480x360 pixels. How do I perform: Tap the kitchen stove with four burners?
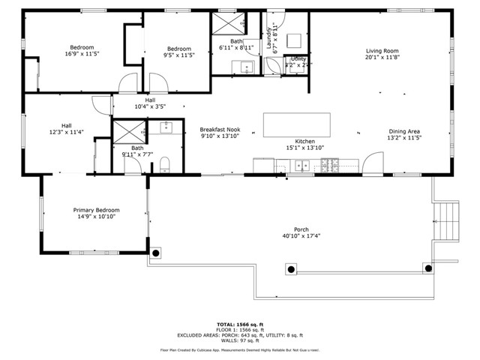331,165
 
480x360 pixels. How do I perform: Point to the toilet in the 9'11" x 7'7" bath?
165,163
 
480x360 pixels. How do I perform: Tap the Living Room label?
382,50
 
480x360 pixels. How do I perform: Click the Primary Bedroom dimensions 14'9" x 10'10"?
96,217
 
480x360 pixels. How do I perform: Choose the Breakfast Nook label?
220,129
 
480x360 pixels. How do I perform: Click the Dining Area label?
404,131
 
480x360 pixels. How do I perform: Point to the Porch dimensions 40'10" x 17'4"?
301,235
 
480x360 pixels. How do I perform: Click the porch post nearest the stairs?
428,268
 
